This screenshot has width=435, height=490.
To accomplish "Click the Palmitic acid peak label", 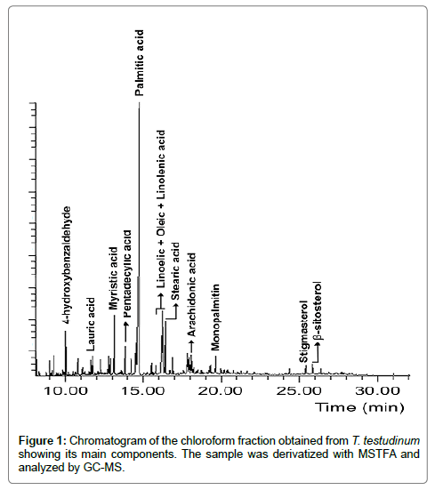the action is tap(140, 63).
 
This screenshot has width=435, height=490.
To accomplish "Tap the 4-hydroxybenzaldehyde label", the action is tap(67, 265).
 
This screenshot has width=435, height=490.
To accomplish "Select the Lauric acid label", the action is tap(91, 324).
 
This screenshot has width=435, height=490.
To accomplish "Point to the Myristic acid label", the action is tap(113, 278).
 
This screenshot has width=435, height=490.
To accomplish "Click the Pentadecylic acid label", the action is tap(127, 274).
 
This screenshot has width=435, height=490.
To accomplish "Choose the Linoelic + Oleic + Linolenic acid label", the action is tap(160, 209).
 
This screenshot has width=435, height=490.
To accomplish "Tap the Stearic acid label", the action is tap(175, 271).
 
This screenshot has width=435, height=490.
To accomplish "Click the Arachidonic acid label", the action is tap(191, 294).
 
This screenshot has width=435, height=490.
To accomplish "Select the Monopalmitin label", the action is tap(215, 317).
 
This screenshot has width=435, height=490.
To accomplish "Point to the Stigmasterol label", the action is tap(303, 332).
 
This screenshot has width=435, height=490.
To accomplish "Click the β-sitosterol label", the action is tap(318, 311).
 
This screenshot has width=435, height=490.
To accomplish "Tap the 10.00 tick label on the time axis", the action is tap(66, 391).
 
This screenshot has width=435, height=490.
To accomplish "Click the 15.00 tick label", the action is tap(143, 391).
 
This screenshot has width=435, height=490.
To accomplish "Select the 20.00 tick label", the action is tap(221, 391).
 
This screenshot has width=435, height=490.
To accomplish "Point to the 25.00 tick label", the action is tap(299, 391).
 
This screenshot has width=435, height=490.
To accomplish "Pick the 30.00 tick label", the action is tap(377, 391).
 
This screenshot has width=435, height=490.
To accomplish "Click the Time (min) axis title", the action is tap(359, 407).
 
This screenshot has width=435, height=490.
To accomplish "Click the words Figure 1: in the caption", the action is tap(42, 441).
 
